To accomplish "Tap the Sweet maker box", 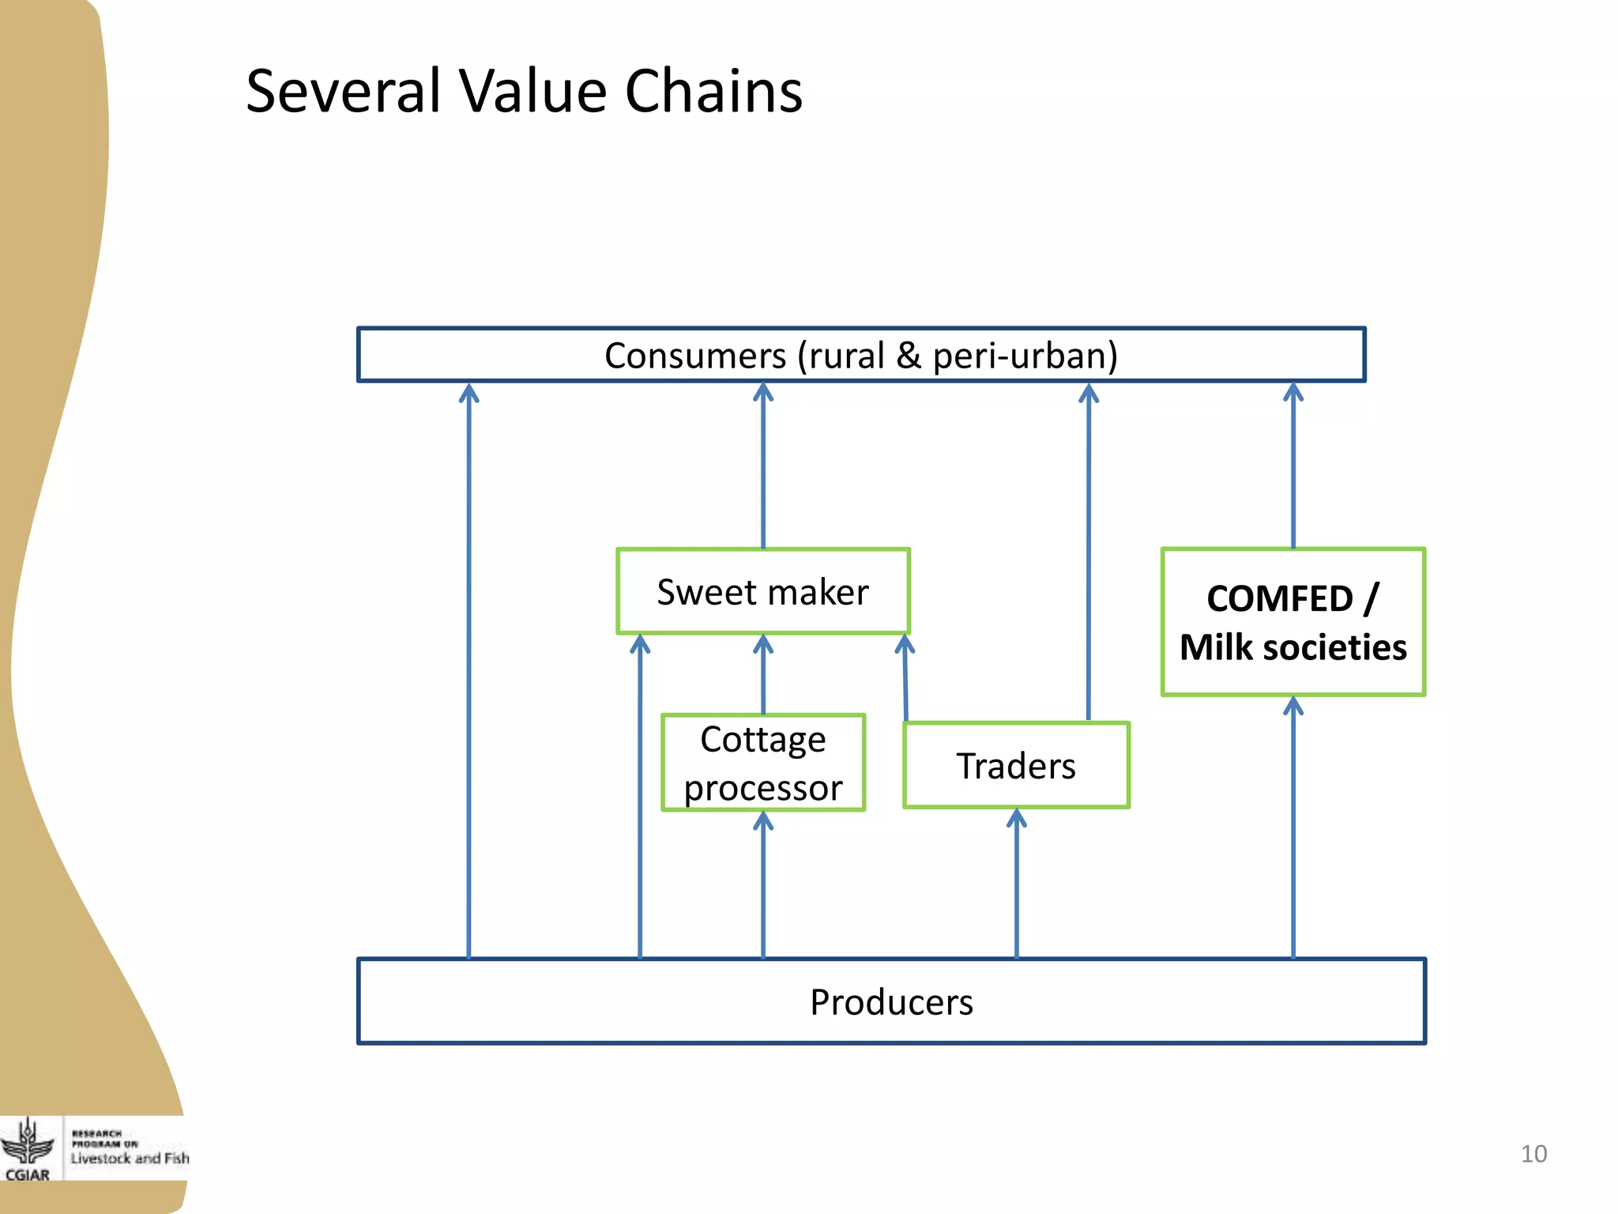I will (762, 592).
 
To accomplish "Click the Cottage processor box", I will (763, 763).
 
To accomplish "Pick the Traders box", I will (1016, 766).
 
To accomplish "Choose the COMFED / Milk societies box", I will (1293, 622).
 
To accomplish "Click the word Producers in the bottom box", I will (891, 1002).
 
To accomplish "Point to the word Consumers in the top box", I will (694, 356).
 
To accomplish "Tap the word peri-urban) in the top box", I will (1025, 356).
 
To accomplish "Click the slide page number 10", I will (1533, 1154).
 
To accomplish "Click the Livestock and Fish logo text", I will (130, 1158).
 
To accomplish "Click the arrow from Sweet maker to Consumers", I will (762, 466).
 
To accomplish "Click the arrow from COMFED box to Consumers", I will (1293, 466).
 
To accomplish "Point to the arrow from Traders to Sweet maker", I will (905, 680).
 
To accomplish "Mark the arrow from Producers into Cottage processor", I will (762, 885).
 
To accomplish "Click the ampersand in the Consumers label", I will (909, 356).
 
